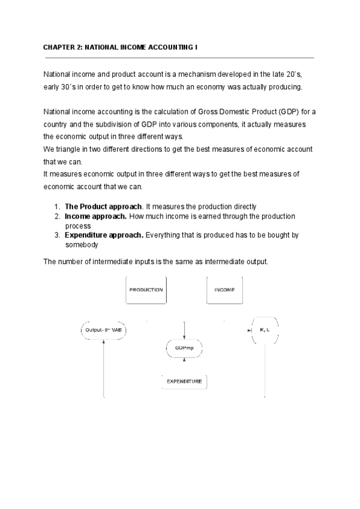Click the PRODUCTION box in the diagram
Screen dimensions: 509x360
146,290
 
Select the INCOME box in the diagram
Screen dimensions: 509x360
224,290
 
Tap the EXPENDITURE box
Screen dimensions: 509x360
184,381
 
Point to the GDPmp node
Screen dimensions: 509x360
184,349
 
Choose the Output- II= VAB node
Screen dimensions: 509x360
104,330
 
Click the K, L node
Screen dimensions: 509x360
265,330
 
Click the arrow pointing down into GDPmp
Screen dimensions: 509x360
184,331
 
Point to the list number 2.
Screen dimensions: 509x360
56,215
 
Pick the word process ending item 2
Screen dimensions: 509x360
77,226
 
